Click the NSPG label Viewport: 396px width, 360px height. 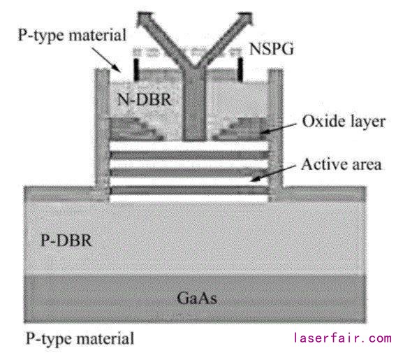271,49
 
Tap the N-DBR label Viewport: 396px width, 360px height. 145,99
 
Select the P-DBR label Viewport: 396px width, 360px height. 66,240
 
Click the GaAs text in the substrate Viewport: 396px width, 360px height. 197,298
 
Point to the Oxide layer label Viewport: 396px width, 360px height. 344,122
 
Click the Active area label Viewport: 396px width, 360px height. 342,164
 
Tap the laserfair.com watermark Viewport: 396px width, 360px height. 342,338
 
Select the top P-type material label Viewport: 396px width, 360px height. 72,35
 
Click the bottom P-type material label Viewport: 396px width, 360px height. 80,338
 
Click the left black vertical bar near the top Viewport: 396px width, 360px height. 136,70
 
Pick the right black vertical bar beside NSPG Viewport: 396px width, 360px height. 240,70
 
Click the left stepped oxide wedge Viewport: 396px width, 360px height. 135,129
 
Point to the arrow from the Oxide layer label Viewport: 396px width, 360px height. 278,128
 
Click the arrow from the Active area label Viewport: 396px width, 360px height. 273,173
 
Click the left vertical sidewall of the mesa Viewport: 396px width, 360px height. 102,135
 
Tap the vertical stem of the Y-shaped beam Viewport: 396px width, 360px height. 194,103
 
